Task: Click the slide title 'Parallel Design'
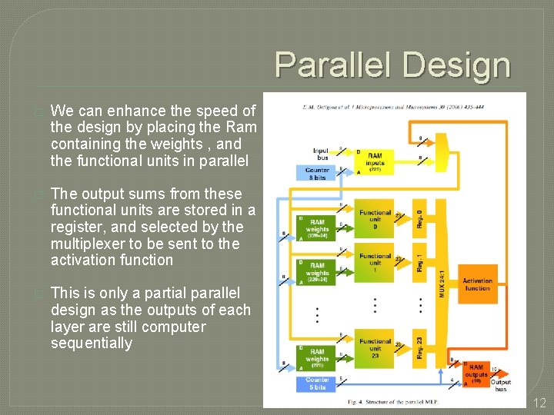click(x=392, y=65)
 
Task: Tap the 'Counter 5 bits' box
click(x=317, y=383)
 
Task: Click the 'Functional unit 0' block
click(x=375, y=219)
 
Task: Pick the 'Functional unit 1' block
click(x=375, y=263)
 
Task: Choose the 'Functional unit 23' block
click(x=375, y=348)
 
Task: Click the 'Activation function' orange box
click(x=477, y=284)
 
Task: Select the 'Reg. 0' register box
click(x=419, y=218)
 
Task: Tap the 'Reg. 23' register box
click(x=419, y=347)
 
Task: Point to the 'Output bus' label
click(x=501, y=385)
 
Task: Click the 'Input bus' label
click(x=321, y=154)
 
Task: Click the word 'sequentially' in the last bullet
click(x=92, y=343)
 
